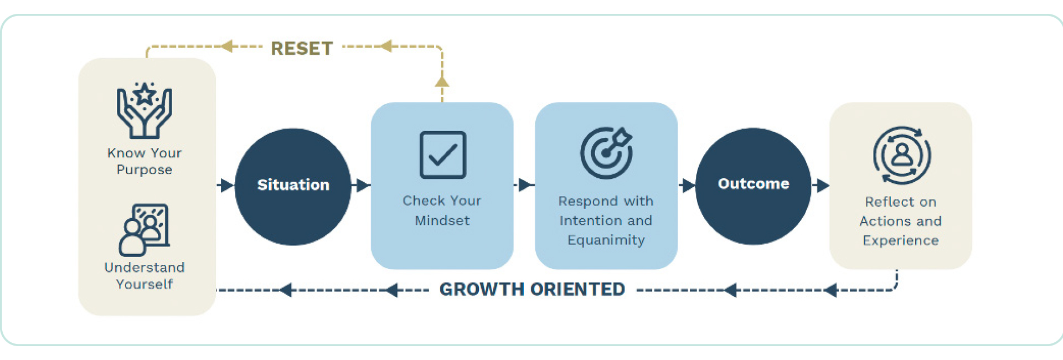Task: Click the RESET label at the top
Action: (302, 49)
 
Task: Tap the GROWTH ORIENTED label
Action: (532, 289)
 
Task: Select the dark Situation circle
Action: (293, 187)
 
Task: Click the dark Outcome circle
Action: (753, 186)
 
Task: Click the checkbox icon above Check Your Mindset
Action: (442, 155)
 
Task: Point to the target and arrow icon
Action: (606, 153)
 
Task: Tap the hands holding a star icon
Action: (145, 110)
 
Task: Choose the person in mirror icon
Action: (144, 230)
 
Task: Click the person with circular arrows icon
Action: (902, 156)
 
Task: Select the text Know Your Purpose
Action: (145, 161)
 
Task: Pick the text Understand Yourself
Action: (145, 276)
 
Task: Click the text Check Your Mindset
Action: (442, 210)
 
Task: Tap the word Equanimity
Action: (606, 240)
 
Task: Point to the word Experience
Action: (901, 240)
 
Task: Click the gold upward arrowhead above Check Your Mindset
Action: (442, 81)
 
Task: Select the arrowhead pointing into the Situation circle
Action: (227, 186)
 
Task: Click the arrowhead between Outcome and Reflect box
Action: (823, 186)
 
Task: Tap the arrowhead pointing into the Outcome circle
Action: (689, 186)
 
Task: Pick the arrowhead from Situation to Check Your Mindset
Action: (363, 186)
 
